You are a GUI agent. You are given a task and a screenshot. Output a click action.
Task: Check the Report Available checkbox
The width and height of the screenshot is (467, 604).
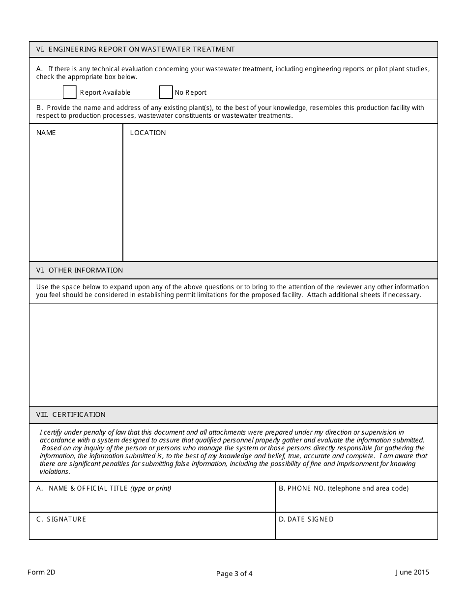pos(70,92)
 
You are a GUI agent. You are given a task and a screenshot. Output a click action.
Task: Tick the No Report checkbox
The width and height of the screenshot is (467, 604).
pos(166,92)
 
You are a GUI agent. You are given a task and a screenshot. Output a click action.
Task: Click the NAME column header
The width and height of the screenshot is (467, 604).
pos(46,133)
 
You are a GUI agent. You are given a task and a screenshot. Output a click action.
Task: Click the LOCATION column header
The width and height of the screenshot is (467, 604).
pos(148,133)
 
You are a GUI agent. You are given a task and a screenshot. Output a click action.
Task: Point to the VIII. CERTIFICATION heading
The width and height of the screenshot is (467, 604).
pos(71,414)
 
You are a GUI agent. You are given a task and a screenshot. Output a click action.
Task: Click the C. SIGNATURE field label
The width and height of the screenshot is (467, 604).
pos(61,519)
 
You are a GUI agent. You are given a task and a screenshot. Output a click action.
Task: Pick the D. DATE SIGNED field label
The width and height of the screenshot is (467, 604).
pos(306,519)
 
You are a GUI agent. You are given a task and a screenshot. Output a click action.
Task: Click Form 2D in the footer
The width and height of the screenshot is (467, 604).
pos(41,572)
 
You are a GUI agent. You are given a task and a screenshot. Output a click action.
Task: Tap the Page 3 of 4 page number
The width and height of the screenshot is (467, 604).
pos(234,574)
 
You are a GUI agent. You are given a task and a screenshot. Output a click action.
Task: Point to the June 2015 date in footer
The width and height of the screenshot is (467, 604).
pos(412,572)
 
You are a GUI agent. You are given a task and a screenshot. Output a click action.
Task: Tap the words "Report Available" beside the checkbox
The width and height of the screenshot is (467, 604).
pos(105,92)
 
